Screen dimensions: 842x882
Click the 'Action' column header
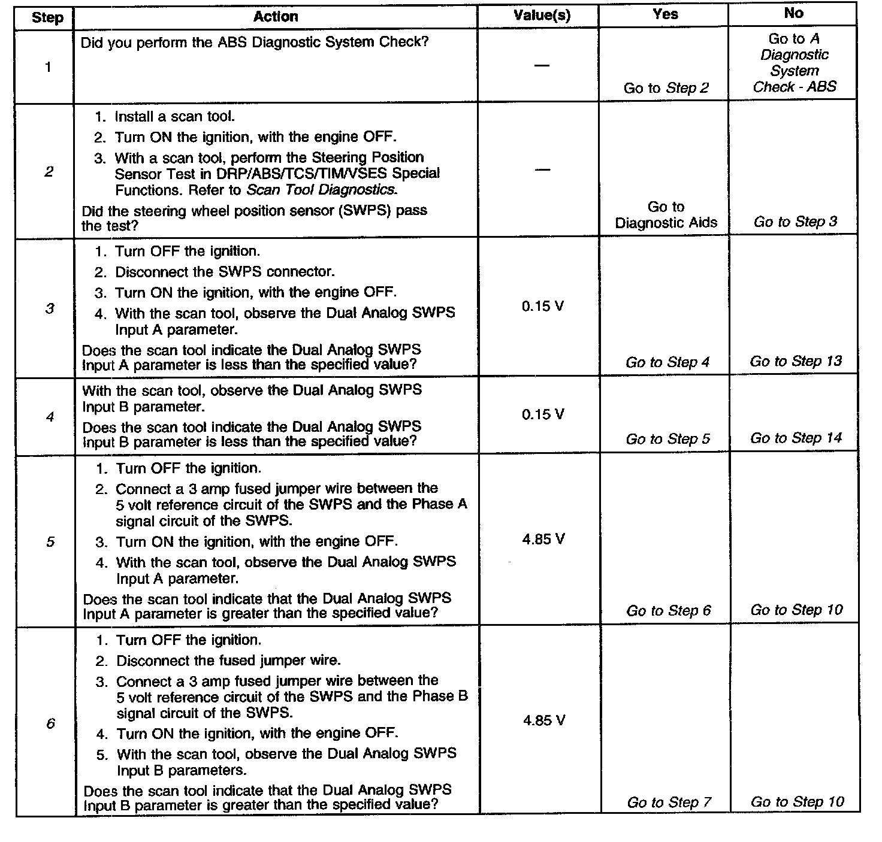click(x=275, y=16)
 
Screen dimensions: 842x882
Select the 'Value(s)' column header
click(x=542, y=16)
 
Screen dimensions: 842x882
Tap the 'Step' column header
click(x=47, y=17)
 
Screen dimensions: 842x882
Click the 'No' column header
click(x=793, y=13)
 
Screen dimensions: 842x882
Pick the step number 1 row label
click(x=48, y=67)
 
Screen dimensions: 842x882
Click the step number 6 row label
click(x=50, y=723)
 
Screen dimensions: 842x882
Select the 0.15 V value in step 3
click(x=542, y=306)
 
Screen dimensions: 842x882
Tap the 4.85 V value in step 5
click(x=543, y=539)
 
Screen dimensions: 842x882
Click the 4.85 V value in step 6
click(x=543, y=720)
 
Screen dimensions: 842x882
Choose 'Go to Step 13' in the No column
click(x=796, y=361)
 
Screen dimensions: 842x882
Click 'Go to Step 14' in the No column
click(x=796, y=438)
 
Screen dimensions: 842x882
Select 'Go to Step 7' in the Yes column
click(x=669, y=802)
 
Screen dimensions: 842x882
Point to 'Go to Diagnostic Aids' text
click(x=666, y=215)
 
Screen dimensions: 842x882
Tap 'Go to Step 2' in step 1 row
click(x=666, y=88)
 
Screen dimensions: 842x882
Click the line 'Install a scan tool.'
click(x=174, y=116)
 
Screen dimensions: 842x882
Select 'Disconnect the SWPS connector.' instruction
click(x=224, y=272)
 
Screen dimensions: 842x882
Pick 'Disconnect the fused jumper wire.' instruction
click(x=228, y=661)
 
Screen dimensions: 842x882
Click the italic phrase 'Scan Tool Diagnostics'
click(x=321, y=189)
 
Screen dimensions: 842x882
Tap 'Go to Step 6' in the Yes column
click(x=668, y=610)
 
